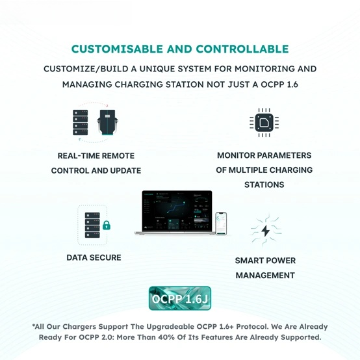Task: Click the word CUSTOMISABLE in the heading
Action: click(118, 49)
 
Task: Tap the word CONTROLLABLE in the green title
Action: click(242, 49)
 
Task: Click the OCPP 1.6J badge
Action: click(180, 298)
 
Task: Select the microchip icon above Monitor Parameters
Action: click(264, 123)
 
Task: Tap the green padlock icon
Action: click(107, 225)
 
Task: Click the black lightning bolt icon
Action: click(266, 231)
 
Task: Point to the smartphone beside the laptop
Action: click(221, 224)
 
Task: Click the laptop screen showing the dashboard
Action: click(177, 211)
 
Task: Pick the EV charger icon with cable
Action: click(107, 122)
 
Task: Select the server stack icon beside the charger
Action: click(81, 122)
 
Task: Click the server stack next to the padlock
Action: click(92, 225)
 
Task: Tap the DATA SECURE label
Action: click(94, 257)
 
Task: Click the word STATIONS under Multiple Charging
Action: click(264, 185)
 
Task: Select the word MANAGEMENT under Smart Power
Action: click(265, 276)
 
